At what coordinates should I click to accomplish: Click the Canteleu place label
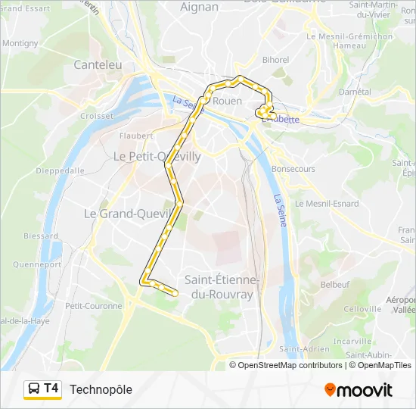[98, 65]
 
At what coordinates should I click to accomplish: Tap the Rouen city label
[228, 101]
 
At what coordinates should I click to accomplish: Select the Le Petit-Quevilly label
[157, 156]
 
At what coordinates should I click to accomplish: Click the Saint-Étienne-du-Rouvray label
[222, 286]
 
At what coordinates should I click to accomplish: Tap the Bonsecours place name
[293, 169]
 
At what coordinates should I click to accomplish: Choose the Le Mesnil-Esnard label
[327, 203]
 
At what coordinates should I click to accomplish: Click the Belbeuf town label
[335, 284]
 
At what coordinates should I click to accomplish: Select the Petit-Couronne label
[93, 306]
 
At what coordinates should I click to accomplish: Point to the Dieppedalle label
[60, 171]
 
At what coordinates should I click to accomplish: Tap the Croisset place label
[97, 116]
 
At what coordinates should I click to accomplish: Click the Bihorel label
[275, 60]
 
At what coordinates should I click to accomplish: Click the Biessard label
[41, 236]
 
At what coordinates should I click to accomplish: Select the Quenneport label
[37, 265]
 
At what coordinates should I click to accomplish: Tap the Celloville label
[362, 309]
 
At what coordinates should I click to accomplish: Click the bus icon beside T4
[33, 389]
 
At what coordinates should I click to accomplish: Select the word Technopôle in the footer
[101, 389]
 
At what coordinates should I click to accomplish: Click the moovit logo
[359, 390]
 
